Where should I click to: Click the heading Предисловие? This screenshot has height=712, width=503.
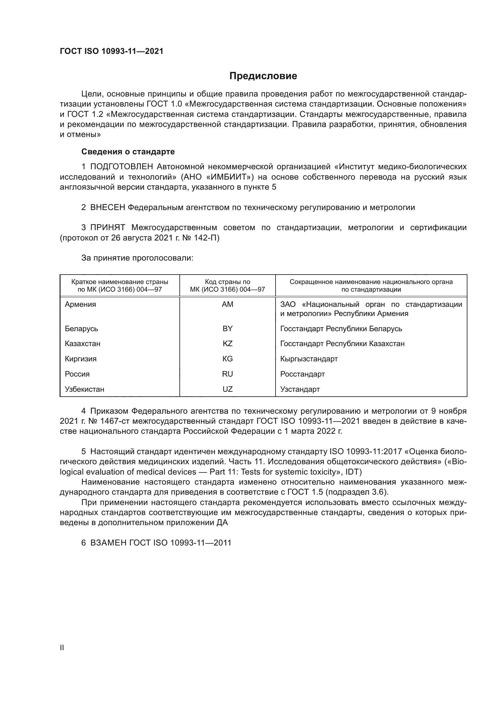coord(263,76)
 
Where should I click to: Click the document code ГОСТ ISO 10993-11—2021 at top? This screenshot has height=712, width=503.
coord(112,51)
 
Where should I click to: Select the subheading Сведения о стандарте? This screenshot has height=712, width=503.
coord(128,152)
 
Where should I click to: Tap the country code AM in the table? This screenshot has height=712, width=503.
coord(227,304)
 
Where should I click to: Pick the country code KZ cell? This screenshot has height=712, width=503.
coord(227,344)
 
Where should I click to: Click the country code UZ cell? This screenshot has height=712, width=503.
coord(227,389)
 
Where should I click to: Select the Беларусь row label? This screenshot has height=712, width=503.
coord(82,329)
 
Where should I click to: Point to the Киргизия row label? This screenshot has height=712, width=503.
coord(81,359)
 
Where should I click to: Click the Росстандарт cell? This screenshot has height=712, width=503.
coord(302,374)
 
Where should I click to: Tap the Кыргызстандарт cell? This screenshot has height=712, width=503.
coord(309,359)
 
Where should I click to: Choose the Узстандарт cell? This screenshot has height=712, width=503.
coord(300,389)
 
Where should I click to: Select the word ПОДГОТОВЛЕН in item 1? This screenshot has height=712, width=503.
coord(121,167)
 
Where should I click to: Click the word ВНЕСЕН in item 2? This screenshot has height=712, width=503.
coord(107,208)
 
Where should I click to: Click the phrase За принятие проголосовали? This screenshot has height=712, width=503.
coord(137,258)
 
